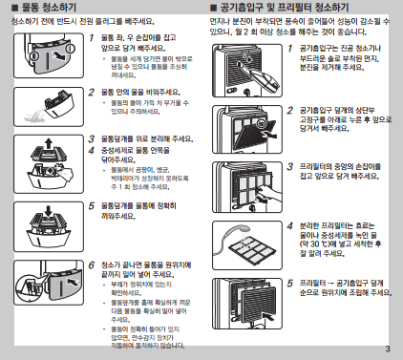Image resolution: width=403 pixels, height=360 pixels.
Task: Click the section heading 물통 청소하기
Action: (44, 8)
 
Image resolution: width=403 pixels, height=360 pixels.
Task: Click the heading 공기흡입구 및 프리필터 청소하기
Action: (286, 8)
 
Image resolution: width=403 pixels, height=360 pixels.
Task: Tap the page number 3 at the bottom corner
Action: (387, 348)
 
